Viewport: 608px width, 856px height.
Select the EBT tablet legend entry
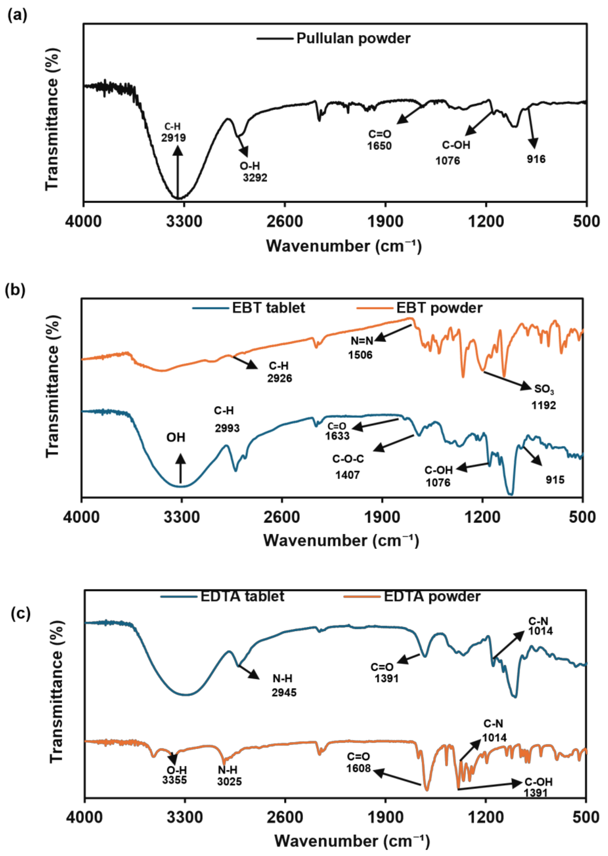268,308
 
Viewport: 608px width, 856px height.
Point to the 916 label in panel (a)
536,159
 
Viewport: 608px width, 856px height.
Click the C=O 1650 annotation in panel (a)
379,140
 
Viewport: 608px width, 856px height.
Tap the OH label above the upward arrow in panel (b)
175,437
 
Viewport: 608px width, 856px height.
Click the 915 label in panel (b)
555,480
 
